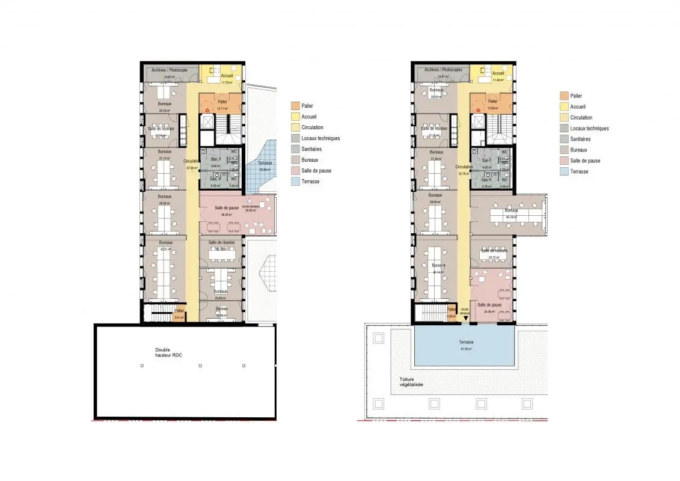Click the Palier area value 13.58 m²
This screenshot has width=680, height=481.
pos(492,108)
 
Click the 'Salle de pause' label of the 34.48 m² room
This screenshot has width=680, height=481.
pos(490,305)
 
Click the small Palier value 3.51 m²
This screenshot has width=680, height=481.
pos(179,317)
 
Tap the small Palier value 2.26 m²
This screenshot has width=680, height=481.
pos(452,315)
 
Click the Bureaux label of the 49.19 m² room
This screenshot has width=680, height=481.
pos(511,211)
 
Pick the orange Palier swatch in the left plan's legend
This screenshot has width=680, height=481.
pos(295,106)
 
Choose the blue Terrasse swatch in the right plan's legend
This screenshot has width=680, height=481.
pos(563,172)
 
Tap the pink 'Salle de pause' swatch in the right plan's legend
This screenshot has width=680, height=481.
pos(563,161)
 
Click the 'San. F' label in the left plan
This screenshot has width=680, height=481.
pos(215,160)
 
